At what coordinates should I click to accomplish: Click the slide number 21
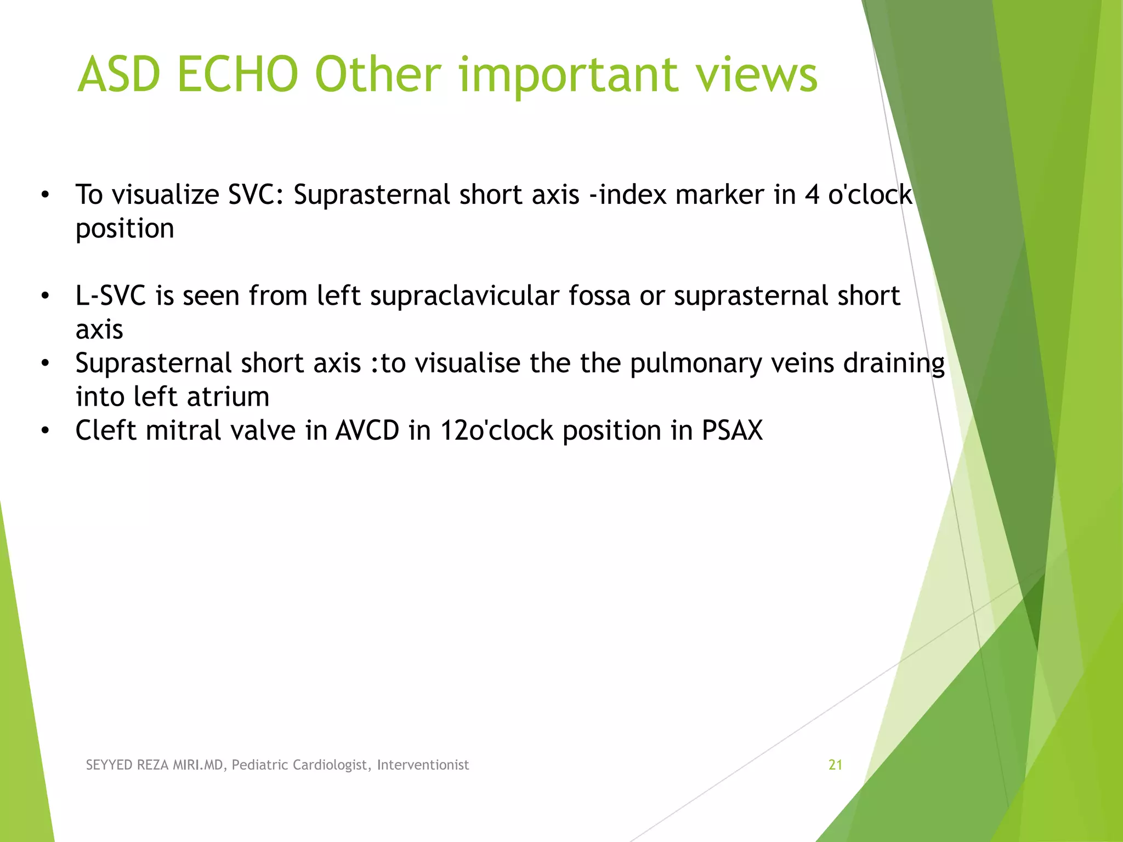[835, 765]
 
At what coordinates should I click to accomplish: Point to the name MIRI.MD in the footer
[198, 765]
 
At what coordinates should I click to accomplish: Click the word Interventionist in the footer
[423, 765]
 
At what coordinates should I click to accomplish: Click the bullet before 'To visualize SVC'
[46, 195]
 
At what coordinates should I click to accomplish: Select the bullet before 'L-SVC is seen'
[46, 296]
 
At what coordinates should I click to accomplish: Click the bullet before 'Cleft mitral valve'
[46, 431]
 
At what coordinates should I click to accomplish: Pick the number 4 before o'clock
[812, 195]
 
